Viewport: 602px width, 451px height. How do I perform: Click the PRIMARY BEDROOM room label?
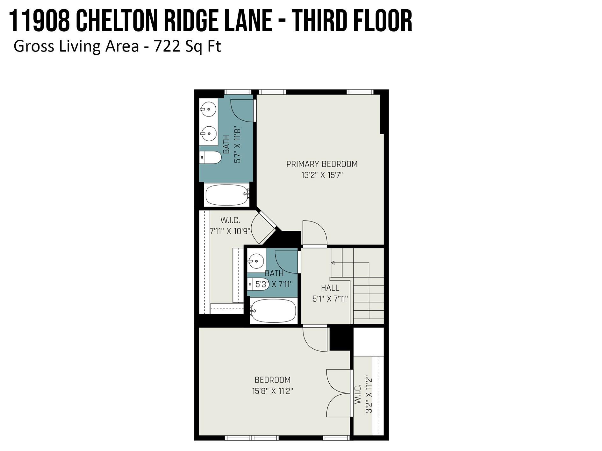tap(322, 164)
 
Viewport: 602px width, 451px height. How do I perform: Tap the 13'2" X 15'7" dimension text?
tap(322, 175)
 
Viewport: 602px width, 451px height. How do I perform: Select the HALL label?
tap(330, 288)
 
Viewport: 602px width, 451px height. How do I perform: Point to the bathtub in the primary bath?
tap(227, 195)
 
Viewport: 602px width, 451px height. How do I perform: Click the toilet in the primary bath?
tap(211, 157)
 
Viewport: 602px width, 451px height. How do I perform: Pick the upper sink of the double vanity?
tap(208, 109)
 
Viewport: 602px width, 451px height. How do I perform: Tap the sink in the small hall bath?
tap(256, 261)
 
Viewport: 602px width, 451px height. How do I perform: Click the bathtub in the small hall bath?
tap(273, 311)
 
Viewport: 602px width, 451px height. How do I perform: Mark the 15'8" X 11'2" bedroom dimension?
tap(272, 391)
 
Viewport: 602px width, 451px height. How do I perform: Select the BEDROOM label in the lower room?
tap(273, 380)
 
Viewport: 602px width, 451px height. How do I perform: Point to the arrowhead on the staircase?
tap(333, 263)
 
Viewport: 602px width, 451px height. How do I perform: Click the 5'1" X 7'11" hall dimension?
tap(330, 299)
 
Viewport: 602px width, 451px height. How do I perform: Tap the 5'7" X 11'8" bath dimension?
tap(237, 145)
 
